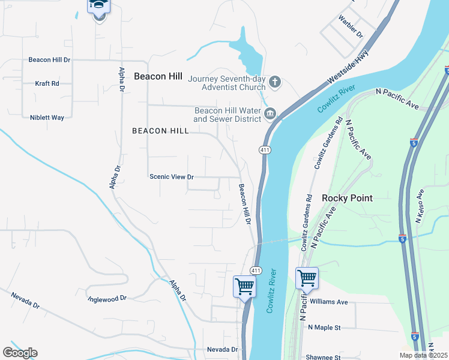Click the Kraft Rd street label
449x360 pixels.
click(x=47, y=83)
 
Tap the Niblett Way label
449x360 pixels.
click(x=47, y=118)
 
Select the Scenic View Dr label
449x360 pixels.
click(x=172, y=177)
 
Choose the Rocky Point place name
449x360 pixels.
click(x=347, y=198)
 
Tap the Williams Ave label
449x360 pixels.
click(x=329, y=302)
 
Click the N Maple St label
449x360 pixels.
click(x=324, y=328)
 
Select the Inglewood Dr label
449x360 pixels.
click(x=107, y=298)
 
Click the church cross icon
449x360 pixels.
click(x=275, y=82)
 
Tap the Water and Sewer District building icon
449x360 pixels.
click(x=270, y=113)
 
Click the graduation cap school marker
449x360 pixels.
click(x=98, y=7)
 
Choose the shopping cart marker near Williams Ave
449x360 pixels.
click(x=306, y=278)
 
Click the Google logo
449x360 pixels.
click(x=20, y=353)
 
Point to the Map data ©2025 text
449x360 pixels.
click(x=423, y=355)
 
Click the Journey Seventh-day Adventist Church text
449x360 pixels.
click(x=227, y=83)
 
